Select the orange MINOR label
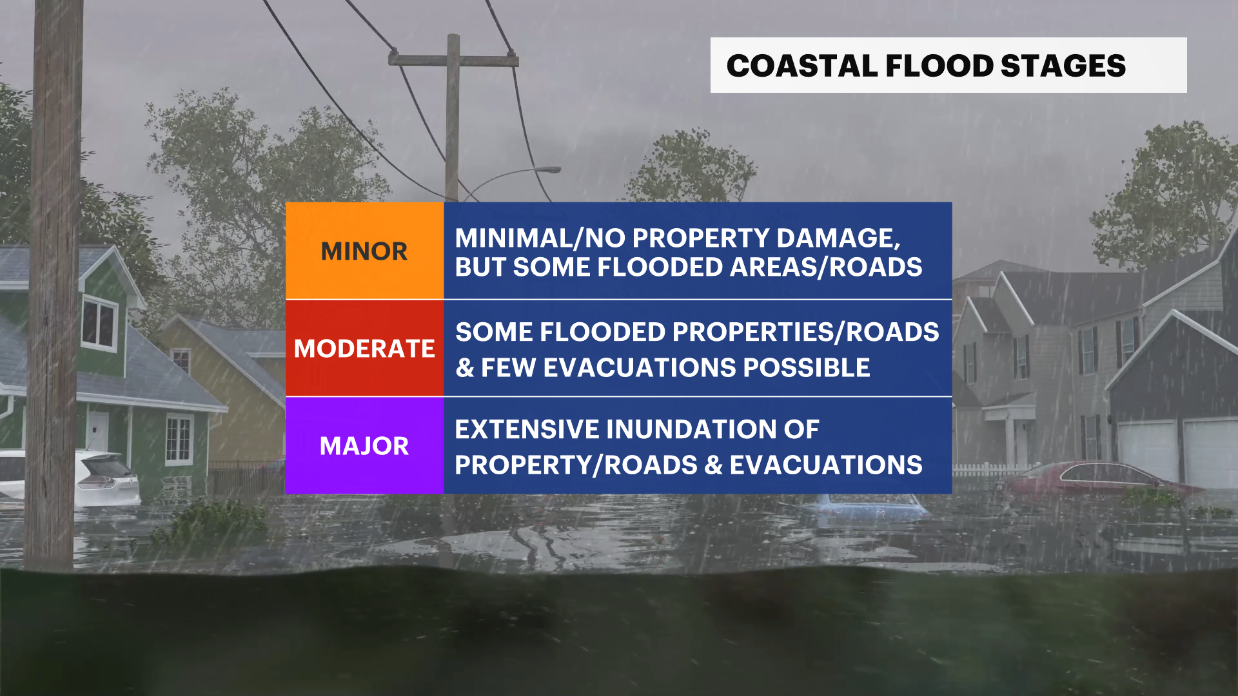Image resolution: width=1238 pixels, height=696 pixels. (364, 251)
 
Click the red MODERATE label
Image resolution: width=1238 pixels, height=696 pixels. (364, 348)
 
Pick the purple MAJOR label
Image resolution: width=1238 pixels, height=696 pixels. (364, 446)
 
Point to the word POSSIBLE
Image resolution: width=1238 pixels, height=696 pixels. (807, 367)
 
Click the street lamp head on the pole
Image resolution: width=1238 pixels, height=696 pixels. (550, 169)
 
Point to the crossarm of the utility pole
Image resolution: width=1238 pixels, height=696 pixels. (453, 60)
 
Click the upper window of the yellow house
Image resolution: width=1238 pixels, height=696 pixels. (181, 360)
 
